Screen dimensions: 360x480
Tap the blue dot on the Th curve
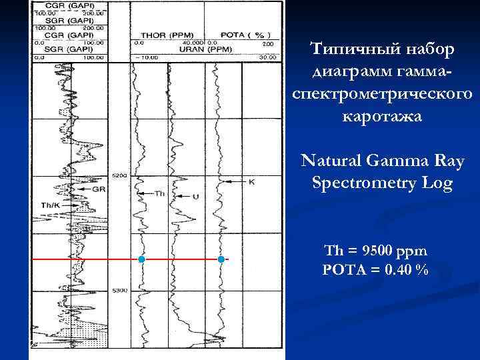tap(141, 259)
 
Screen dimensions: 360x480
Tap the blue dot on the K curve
tap(221, 259)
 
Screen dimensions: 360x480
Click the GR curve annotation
tap(99, 189)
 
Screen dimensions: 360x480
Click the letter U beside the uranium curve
tap(195, 196)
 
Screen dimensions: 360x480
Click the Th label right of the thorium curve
tap(159, 194)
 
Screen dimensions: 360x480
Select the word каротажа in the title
tap(382, 116)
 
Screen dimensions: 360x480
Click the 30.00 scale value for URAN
tap(267, 57)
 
